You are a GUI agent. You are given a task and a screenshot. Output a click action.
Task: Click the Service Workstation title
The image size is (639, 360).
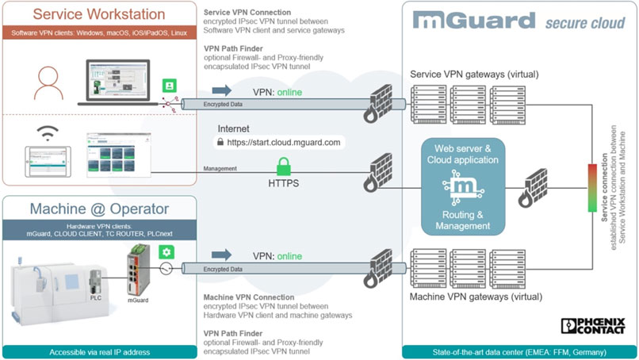click(x=98, y=14)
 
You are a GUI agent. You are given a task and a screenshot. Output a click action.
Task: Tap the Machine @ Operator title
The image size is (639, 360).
click(x=98, y=209)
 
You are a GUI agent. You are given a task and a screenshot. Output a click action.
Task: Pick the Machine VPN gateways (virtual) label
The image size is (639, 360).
click(x=476, y=297)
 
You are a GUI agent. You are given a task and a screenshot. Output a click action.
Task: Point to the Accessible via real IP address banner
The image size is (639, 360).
click(x=98, y=351)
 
